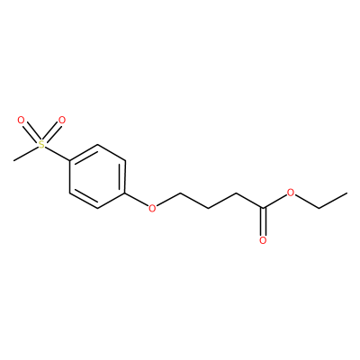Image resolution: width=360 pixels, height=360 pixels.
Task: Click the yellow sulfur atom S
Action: (41, 145)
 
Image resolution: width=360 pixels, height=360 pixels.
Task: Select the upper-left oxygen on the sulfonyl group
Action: (21, 121)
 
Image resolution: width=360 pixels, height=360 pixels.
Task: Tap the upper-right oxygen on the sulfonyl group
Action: (62, 121)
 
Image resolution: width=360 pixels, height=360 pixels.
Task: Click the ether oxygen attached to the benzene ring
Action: (152, 208)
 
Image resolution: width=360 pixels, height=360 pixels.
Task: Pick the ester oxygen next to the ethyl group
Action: (290, 193)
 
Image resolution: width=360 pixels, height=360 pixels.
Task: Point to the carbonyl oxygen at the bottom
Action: (263, 240)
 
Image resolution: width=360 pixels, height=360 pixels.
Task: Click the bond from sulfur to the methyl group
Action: (26, 154)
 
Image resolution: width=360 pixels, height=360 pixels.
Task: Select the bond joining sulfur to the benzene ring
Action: (58, 154)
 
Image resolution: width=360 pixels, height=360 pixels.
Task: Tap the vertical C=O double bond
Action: (263, 222)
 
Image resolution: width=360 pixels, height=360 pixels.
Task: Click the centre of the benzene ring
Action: (97, 176)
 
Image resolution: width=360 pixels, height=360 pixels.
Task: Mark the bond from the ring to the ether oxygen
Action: (137, 199)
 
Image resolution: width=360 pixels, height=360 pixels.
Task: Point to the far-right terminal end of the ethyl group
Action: (347, 193)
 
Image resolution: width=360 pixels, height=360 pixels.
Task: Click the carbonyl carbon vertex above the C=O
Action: (263, 208)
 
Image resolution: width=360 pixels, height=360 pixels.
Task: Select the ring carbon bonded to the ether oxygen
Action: (125, 193)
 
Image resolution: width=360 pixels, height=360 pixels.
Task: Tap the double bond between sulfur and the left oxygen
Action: (31, 133)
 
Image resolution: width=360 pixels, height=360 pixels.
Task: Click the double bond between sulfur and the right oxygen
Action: (52, 133)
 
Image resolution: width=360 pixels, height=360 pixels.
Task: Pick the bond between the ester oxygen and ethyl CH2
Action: (307, 201)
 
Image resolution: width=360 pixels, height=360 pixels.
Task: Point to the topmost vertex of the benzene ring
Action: (97, 145)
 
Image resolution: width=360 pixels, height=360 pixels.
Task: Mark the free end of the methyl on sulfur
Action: (13, 161)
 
